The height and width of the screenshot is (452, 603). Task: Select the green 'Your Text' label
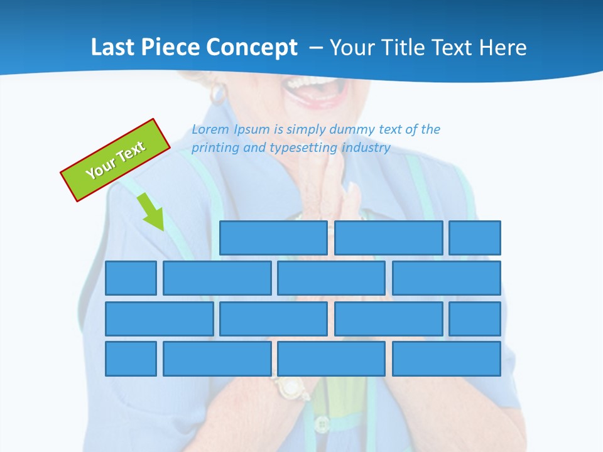click(116, 160)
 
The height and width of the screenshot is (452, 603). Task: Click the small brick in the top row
click(475, 238)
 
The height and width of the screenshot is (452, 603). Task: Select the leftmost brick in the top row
click(273, 238)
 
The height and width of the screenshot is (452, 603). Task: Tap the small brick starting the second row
click(131, 278)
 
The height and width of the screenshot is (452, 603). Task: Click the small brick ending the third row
click(475, 319)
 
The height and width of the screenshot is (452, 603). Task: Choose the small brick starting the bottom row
click(131, 359)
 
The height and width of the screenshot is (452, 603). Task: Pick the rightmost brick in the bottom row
click(447, 359)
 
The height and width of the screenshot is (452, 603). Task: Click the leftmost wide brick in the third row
click(159, 319)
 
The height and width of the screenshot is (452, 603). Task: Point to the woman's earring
click(217, 94)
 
